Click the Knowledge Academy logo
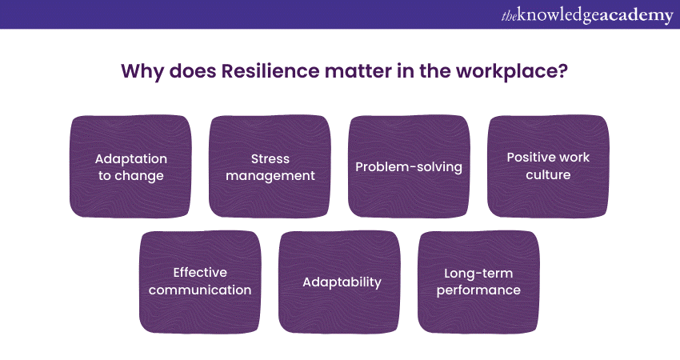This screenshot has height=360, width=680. click(587, 15)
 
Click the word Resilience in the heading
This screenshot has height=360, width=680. click(270, 70)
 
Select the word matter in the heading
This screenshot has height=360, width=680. click(358, 71)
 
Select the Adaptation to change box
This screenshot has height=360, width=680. click(130, 166)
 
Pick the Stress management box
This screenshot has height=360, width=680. click(270, 166)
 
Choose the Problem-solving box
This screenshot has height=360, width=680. click(409, 166)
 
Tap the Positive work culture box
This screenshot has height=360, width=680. click(548, 166)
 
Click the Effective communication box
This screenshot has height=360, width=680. click(200, 282)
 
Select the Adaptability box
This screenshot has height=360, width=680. click(339, 282)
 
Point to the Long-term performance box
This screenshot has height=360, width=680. click(478, 282)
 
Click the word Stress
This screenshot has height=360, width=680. click(270, 158)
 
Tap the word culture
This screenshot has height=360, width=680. click(548, 174)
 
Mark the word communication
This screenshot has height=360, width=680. click(200, 290)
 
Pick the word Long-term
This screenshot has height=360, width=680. click(478, 274)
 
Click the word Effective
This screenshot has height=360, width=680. click(200, 272)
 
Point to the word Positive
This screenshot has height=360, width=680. click(529, 157)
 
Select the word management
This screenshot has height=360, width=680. click(270, 176)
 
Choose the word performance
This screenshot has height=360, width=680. click(478, 290)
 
